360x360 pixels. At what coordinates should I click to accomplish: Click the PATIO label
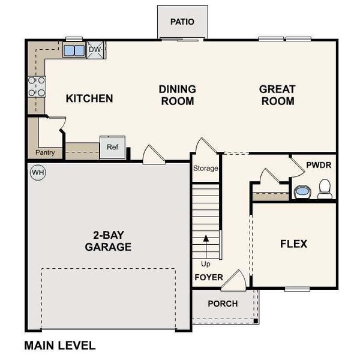tap(182, 22)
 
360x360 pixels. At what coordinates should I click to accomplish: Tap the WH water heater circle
tap(38, 172)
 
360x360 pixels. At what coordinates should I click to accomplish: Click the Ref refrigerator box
tap(112, 147)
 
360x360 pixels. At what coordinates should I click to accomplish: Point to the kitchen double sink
tap(74, 50)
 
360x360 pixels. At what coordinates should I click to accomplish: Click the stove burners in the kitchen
tap(36, 87)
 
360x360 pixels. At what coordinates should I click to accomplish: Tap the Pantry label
tap(45, 152)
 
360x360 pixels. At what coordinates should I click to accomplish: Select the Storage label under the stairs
tap(205, 169)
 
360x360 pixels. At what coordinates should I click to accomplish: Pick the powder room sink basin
tap(302, 192)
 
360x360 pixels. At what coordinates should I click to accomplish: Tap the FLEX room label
tap(293, 244)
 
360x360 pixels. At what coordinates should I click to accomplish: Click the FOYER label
tap(209, 278)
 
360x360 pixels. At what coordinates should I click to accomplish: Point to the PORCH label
tap(223, 304)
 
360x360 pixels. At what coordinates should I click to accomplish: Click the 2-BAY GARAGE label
tap(108, 241)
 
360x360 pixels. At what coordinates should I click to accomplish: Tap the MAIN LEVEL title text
tap(59, 346)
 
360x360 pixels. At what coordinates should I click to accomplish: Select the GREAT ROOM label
tap(277, 95)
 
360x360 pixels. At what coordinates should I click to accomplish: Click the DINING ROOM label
tap(177, 95)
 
